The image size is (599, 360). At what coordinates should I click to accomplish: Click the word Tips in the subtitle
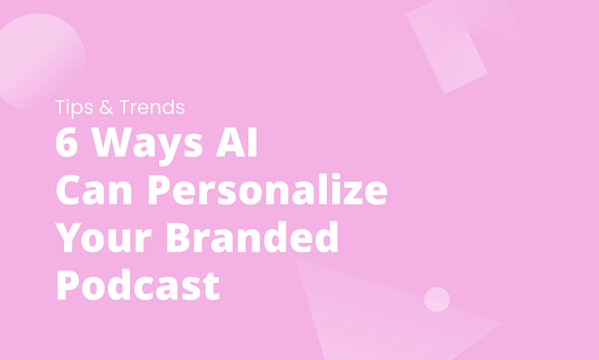click(71, 108)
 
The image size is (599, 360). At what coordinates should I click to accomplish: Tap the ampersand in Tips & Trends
click(105, 108)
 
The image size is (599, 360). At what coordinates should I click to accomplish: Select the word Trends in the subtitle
click(151, 108)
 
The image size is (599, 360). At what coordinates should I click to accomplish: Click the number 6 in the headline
click(66, 143)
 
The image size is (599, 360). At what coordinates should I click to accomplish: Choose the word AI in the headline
click(233, 143)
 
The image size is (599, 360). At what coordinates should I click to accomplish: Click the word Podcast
click(138, 284)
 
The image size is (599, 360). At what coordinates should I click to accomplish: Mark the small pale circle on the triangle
click(436, 299)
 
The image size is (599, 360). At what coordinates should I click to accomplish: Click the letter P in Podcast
click(68, 284)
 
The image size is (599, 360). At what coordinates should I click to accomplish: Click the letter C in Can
click(68, 191)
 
